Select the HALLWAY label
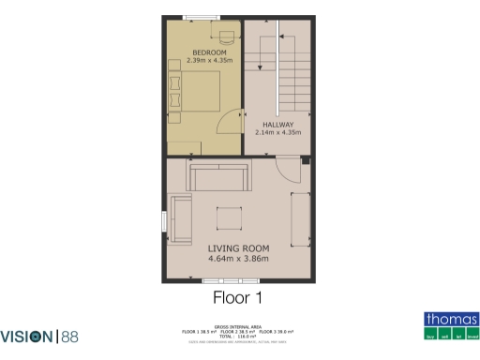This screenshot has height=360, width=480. click(x=278, y=125)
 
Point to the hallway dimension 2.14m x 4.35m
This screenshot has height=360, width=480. click(x=278, y=134)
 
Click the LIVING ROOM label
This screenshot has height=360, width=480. click(x=237, y=247)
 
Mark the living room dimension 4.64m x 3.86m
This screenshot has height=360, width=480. click(x=237, y=258)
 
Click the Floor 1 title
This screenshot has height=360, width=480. click(x=237, y=298)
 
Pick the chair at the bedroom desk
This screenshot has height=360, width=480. click(x=227, y=40)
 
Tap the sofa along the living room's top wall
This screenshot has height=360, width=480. click(x=219, y=176)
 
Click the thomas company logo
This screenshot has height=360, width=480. click(x=451, y=324)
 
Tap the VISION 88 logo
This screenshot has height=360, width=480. click(x=40, y=336)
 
